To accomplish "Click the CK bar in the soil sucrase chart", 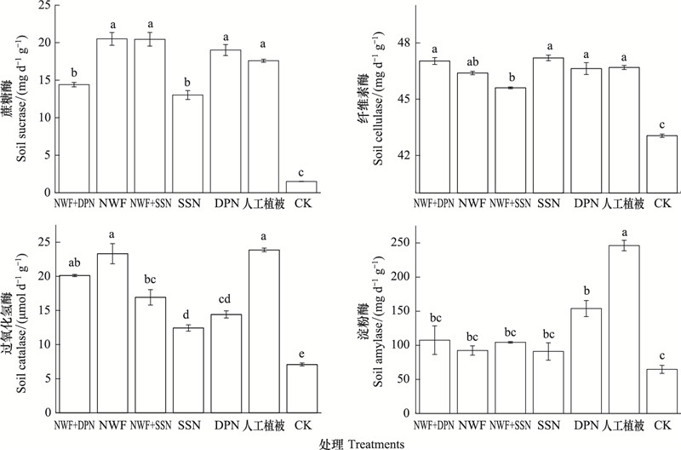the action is [301, 187].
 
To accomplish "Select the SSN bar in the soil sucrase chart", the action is [187, 144].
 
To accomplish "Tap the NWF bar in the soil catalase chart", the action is [112, 333].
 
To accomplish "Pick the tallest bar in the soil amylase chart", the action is [624, 329].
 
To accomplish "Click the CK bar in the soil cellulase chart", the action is [662, 164].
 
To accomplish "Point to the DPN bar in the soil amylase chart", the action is [586, 361].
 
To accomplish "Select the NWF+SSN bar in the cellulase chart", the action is [510, 141].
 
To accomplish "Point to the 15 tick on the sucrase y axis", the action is [45, 80].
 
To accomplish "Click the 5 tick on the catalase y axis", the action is [48, 378].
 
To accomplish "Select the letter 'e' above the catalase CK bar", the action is [302, 354].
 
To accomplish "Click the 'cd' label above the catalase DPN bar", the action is [226, 299].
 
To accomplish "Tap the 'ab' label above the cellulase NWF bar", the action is [472, 61].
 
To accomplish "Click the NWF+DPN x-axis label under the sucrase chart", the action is [74, 203].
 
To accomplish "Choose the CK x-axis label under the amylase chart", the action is [662, 424].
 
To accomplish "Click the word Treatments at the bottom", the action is [376, 444].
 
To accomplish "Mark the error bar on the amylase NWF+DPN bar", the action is [434, 340].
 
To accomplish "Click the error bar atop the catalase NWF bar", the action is [112, 253].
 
